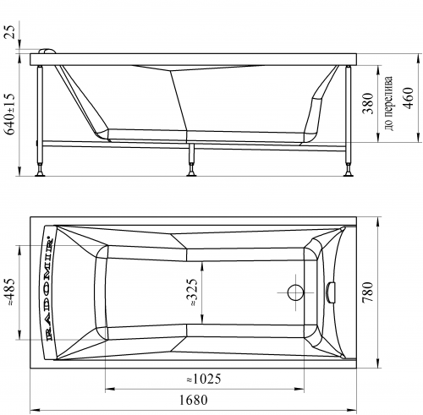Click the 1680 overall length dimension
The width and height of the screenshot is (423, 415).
click(194, 400)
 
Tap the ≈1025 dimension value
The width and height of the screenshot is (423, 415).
click(204, 379)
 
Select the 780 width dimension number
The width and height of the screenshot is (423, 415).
click(367, 292)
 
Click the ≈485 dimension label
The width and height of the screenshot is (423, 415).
click(10, 292)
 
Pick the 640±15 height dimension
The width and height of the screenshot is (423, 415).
click(10, 114)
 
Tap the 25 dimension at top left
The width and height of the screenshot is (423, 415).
click(10, 31)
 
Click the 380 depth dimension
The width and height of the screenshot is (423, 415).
click(368, 103)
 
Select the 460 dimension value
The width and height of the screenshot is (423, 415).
click(408, 98)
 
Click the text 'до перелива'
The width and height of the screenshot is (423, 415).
click(388, 103)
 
